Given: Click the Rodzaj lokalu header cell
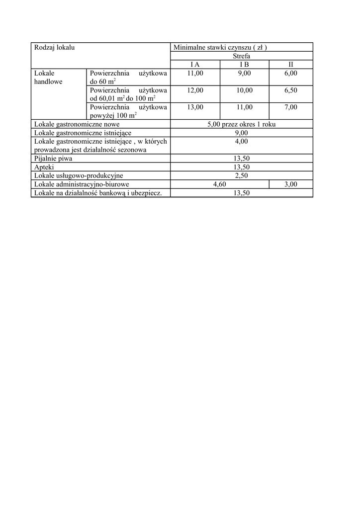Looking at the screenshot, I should point(54,48).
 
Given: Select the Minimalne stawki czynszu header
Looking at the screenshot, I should point(220,48).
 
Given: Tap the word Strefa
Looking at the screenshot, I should point(242,56).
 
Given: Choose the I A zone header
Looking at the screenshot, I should point(195,65).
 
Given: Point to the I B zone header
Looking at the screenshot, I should point(244,65).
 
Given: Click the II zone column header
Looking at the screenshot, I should point(291,65).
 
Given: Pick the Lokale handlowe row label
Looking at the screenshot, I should point(48,77).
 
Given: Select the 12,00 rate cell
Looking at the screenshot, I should point(195,90).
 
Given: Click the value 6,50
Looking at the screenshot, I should point(291,90).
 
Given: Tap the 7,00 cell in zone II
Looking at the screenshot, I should point(291,107).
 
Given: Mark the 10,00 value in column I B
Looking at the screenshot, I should point(244,90).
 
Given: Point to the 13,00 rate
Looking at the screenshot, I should point(195,107).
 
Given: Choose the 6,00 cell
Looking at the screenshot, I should point(291,73).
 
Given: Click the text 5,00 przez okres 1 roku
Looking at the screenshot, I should point(241,124).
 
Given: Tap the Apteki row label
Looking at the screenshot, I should point(44,167).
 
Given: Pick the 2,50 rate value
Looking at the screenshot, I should point(241,175).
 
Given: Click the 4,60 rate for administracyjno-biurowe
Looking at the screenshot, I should point(219,184).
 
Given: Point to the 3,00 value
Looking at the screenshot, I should point(291,184).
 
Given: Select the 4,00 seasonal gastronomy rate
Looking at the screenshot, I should point(241,141).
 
